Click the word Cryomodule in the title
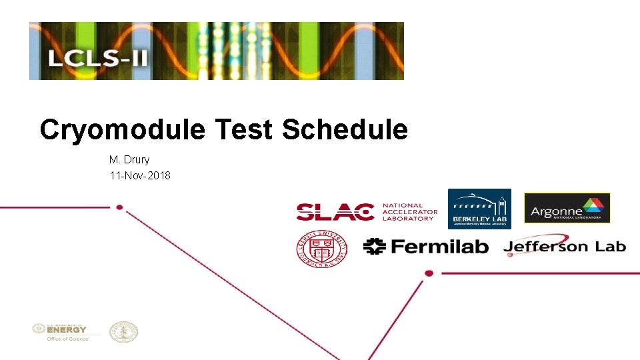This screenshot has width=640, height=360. point(122,129)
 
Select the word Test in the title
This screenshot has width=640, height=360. point(243,129)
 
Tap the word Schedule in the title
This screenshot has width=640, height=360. point(345,129)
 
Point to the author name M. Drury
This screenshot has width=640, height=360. point(129,160)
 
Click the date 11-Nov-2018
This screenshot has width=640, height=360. point(140,176)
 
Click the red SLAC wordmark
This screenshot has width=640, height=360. point(335,212)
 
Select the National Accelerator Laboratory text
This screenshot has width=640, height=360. point(409,212)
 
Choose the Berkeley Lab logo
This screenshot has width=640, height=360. point(479,209)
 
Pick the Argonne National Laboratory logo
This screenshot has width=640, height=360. point(567,208)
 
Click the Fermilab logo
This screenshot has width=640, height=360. point(426,247)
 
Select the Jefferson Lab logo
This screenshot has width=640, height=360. point(564,246)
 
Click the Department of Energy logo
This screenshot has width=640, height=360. point(60,330)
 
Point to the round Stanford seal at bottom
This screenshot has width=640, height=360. point(123,332)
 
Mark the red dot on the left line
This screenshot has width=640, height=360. point(119,207)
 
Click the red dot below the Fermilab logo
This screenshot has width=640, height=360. point(429,273)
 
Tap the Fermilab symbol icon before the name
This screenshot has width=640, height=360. point(375,247)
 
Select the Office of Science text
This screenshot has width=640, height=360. point(67,339)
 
